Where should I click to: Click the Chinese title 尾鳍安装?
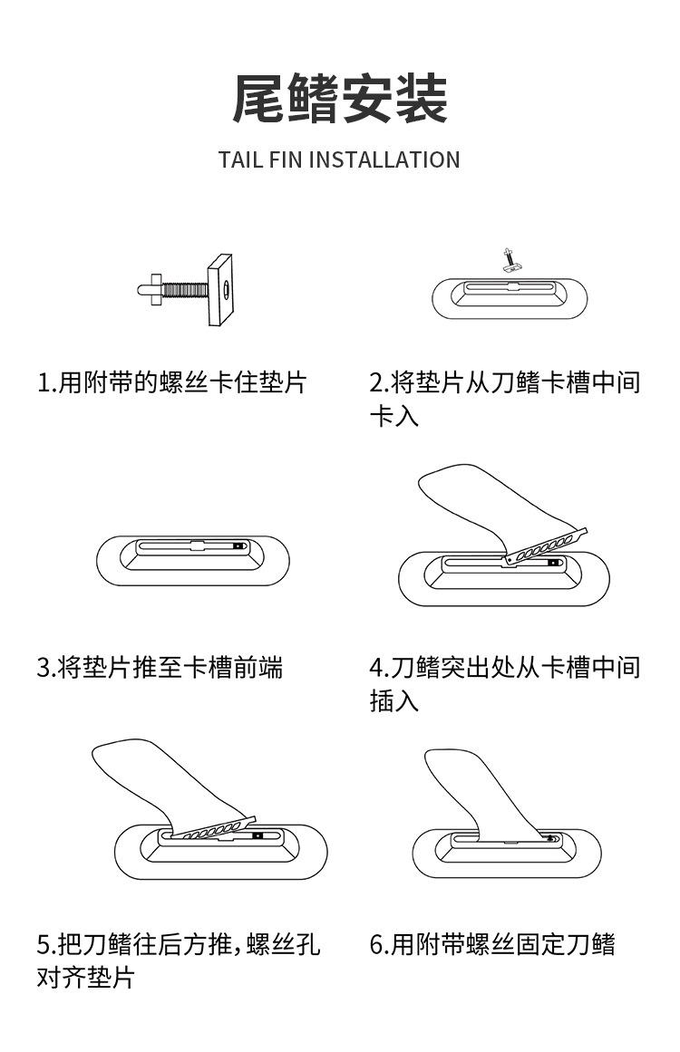(x=340, y=100)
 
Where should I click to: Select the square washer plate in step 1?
(x=220, y=291)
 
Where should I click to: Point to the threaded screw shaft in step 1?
(x=185, y=289)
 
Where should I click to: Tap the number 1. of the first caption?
(x=46, y=382)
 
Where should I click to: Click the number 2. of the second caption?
(x=379, y=382)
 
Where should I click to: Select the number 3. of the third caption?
(x=46, y=669)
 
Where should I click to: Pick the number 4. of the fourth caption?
(x=379, y=669)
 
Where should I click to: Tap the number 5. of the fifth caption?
(x=46, y=945)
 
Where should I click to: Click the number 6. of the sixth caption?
(x=379, y=945)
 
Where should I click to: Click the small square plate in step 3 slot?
(x=238, y=547)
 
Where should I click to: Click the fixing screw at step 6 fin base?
(x=551, y=839)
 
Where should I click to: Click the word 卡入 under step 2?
(x=393, y=418)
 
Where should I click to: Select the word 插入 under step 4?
(x=393, y=702)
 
